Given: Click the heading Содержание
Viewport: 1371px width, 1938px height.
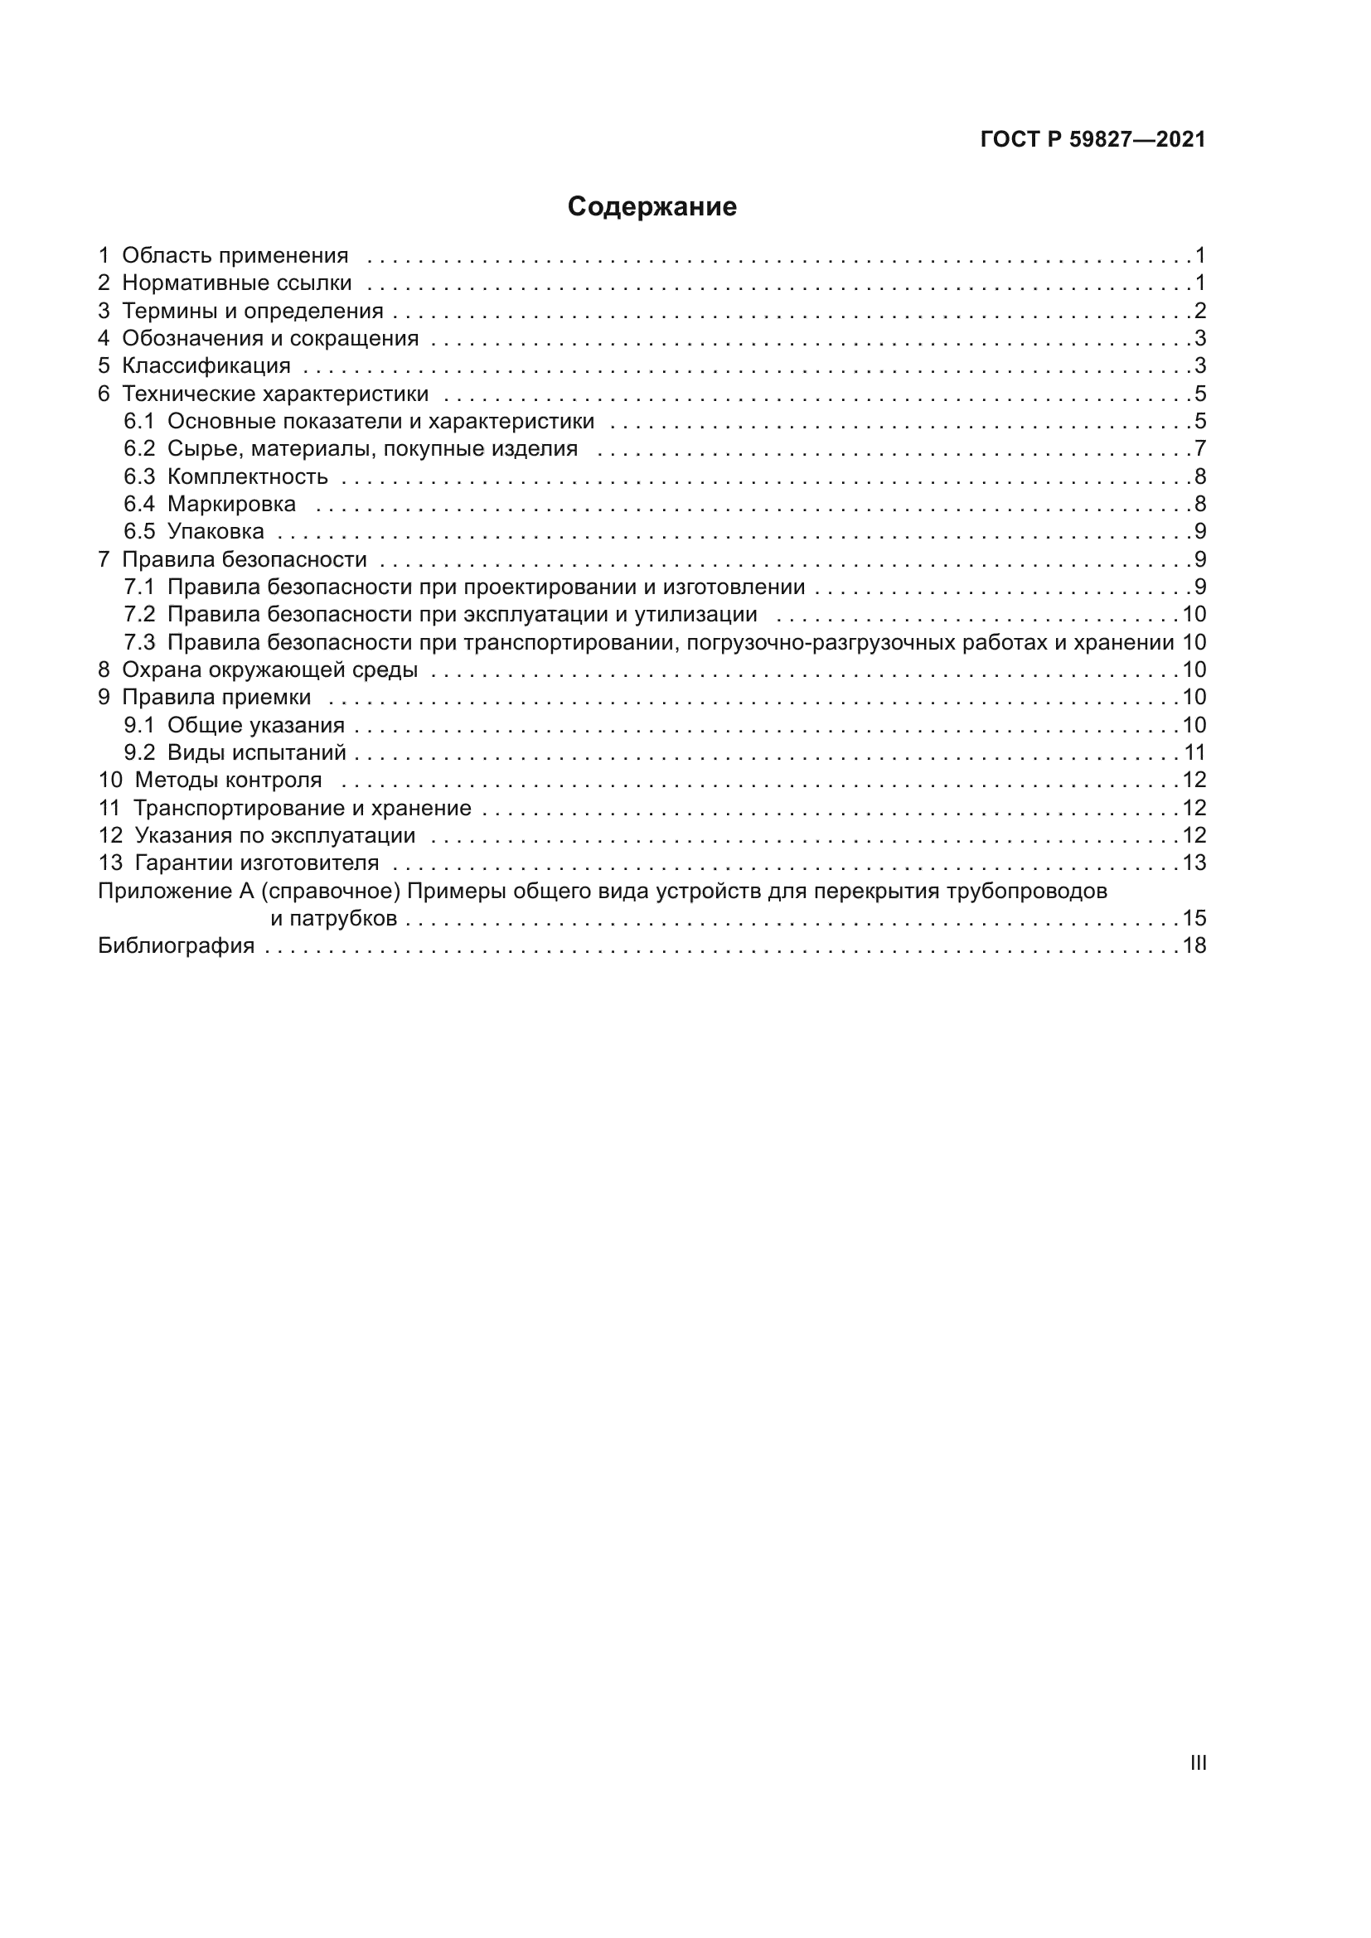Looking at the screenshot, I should [652, 207].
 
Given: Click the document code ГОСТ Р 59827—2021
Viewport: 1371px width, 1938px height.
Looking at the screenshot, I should [1092, 140].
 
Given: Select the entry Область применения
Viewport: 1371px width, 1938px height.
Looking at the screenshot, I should [235, 255].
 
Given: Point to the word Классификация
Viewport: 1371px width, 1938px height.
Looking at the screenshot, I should [206, 365].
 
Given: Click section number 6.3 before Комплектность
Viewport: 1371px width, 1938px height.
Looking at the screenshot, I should [139, 476].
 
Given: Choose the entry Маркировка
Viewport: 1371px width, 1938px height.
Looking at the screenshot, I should [231, 504].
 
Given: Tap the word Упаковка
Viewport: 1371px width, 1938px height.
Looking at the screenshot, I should [216, 531].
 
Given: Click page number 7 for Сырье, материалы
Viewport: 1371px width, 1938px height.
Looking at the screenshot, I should [1199, 448].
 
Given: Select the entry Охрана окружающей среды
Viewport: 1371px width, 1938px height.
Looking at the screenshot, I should [269, 669].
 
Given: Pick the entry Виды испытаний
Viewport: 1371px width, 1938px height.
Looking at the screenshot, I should [257, 752].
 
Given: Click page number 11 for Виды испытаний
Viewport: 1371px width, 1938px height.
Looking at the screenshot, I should [1194, 752].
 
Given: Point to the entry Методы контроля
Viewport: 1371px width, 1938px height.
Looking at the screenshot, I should [228, 780].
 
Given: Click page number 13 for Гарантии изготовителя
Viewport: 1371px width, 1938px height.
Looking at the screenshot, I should [1194, 863].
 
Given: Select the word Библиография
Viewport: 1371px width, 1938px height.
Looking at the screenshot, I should [177, 945].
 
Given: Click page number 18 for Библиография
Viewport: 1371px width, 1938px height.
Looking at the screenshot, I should [1194, 945].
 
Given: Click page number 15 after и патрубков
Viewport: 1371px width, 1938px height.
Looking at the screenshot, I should [1194, 918].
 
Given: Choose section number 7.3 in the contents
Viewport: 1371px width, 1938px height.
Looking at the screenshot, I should [139, 642].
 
